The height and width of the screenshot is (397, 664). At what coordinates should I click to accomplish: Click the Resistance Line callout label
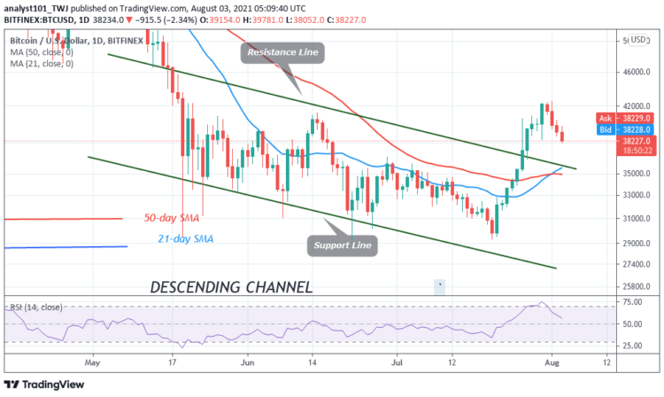tap(283, 52)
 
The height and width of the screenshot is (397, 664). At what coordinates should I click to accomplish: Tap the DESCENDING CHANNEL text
tap(231, 287)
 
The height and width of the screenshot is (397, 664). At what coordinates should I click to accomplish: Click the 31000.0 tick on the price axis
tap(636, 218)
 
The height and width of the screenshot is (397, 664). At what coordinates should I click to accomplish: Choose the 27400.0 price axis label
tap(636, 264)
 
